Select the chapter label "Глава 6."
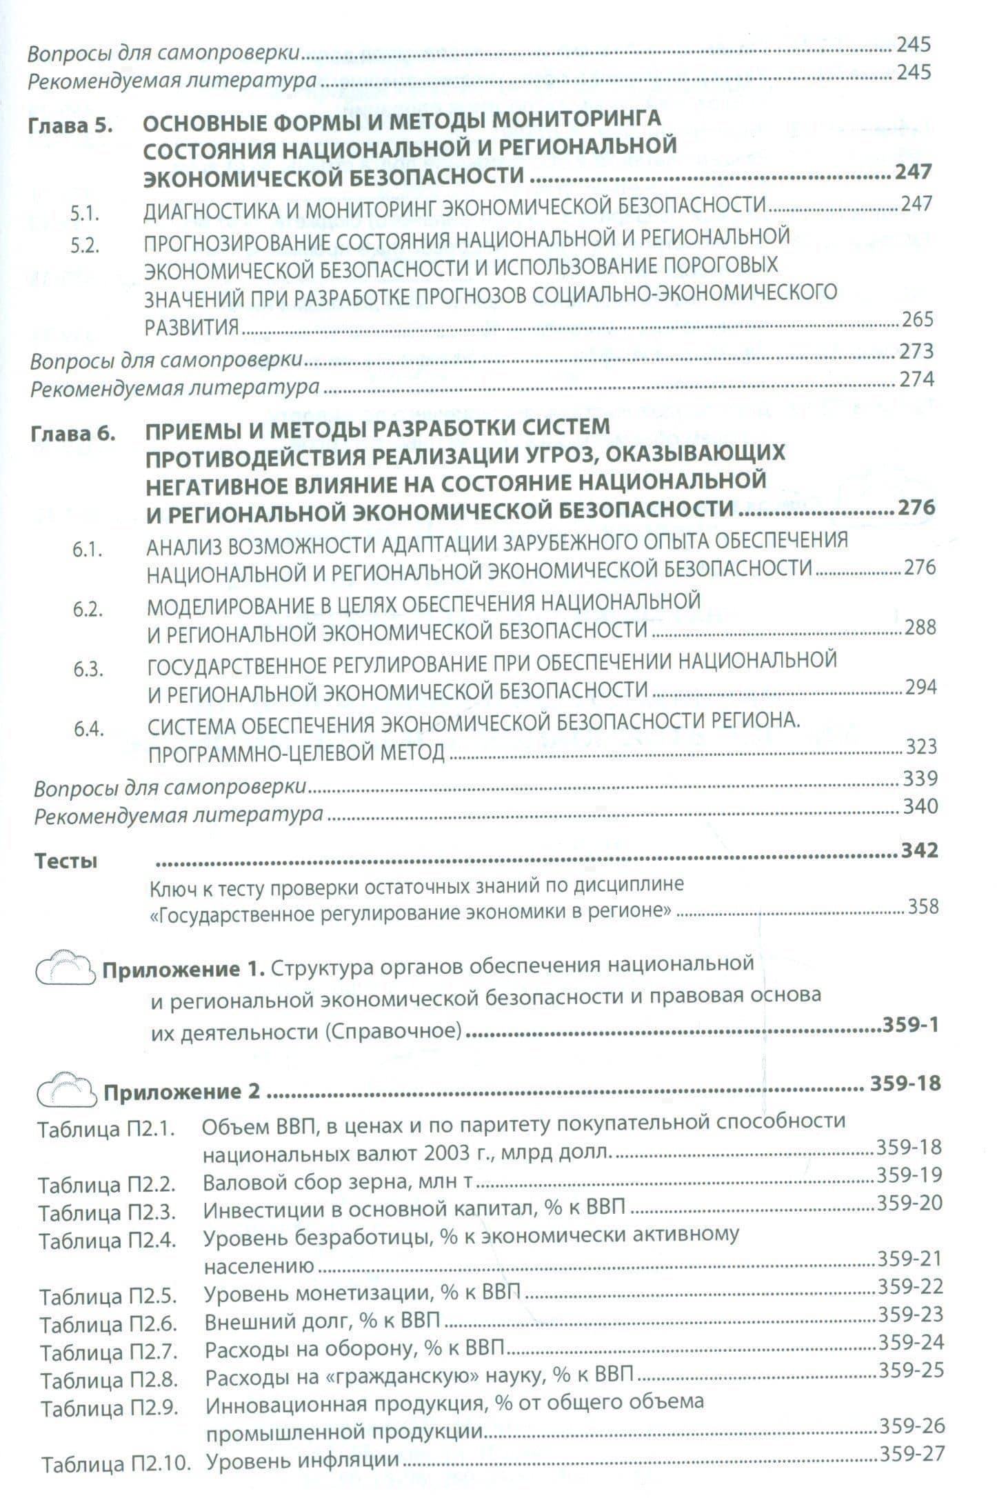tap(72, 435)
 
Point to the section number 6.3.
tap(88, 670)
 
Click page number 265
tap(917, 319)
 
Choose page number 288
tap(920, 627)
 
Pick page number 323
tap(921, 746)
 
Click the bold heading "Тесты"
tap(66, 861)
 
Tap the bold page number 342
tap(920, 850)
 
